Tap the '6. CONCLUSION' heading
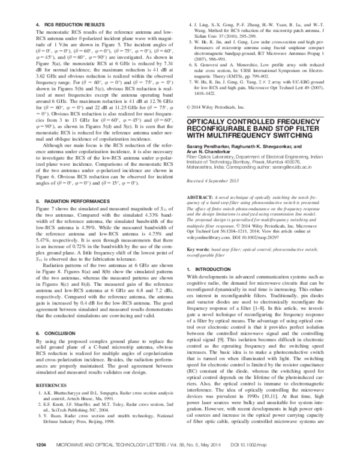point(43,349)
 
